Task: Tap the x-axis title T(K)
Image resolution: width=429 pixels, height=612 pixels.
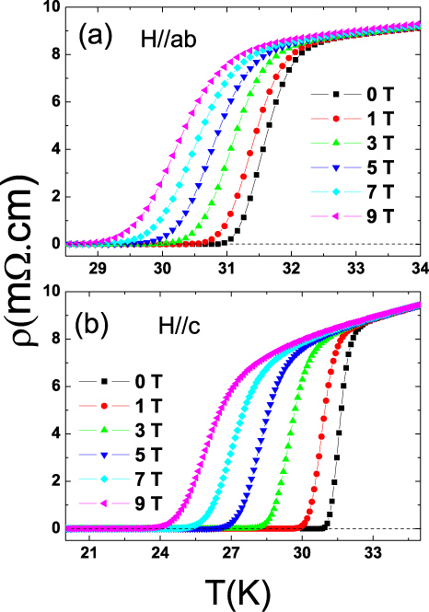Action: (x=234, y=589)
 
